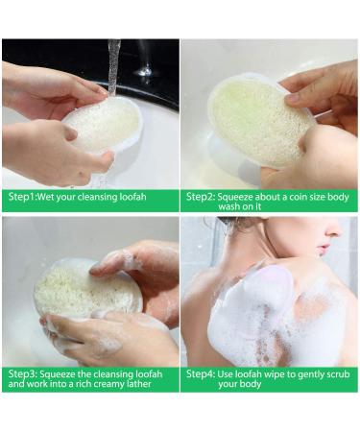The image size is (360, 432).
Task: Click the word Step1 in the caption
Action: pos(22,197)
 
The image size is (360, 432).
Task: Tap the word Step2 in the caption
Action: pos(200,197)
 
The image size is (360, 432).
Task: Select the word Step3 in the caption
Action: pos(22,374)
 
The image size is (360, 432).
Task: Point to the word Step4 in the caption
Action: pos(201,374)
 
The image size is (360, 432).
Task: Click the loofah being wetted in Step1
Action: pos(104,127)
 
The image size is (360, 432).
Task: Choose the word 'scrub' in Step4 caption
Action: pos(338,374)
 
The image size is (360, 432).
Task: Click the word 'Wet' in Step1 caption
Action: pos(45,197)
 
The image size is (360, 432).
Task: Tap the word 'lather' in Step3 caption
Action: pos(138,383)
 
